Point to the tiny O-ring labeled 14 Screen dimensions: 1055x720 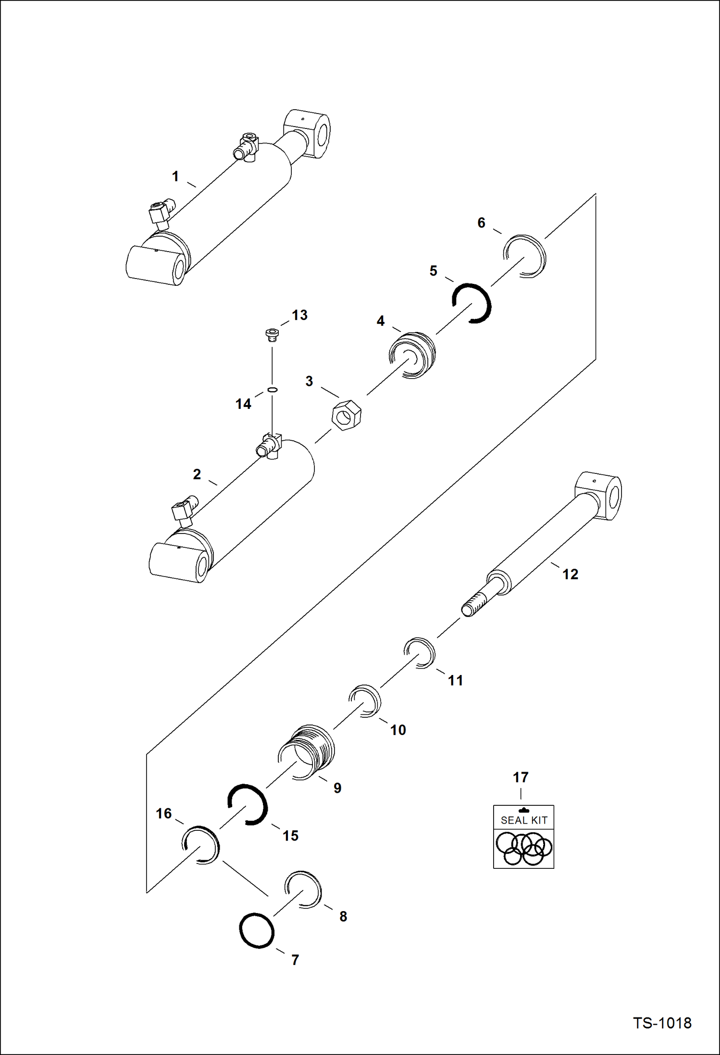pyautogui.click(x=272, y=389)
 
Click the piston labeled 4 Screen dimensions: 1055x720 pyautogui.click(x=412, y=355)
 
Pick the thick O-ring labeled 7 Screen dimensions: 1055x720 pyautogui.click(x=257, y=930)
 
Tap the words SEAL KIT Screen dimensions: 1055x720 pyautogui.click(x=524, y=820)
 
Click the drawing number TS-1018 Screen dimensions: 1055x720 pyautogui.click(x=662, y=1023)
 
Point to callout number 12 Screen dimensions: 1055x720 pyautogui.click(x=570, y=574)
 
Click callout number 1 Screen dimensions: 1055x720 pyautogui.click(x=175, y=177)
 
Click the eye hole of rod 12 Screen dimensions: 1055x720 pyautogui.click(x=615, y=498)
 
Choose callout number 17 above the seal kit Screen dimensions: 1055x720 pyautogui.click(x=521, y=777)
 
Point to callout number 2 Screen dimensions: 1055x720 pyautogui.click(x=197, y=474)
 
